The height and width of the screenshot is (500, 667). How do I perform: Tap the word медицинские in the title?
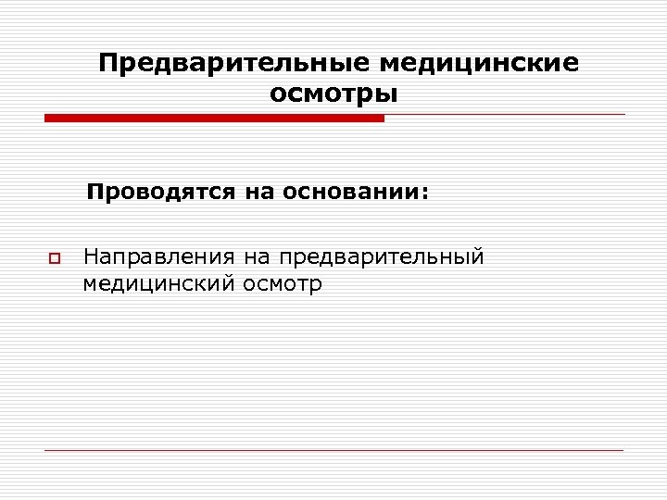(479, 63)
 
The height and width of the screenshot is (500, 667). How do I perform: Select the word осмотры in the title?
(333, 94)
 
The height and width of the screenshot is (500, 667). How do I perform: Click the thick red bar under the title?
(214, 118)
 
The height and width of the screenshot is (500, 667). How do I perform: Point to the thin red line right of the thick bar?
(505, 116)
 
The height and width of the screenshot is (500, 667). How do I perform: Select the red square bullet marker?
(54, 256)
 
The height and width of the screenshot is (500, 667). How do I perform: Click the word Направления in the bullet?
(158, 255)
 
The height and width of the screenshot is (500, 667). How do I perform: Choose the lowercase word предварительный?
(383, 256)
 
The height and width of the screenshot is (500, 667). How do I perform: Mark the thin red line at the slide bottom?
(333, 451)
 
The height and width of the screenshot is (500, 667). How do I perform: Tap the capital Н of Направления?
(90, 255)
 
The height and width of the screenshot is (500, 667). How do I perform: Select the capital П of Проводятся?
(94, 194)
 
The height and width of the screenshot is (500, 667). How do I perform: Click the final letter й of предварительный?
(478, 254)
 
